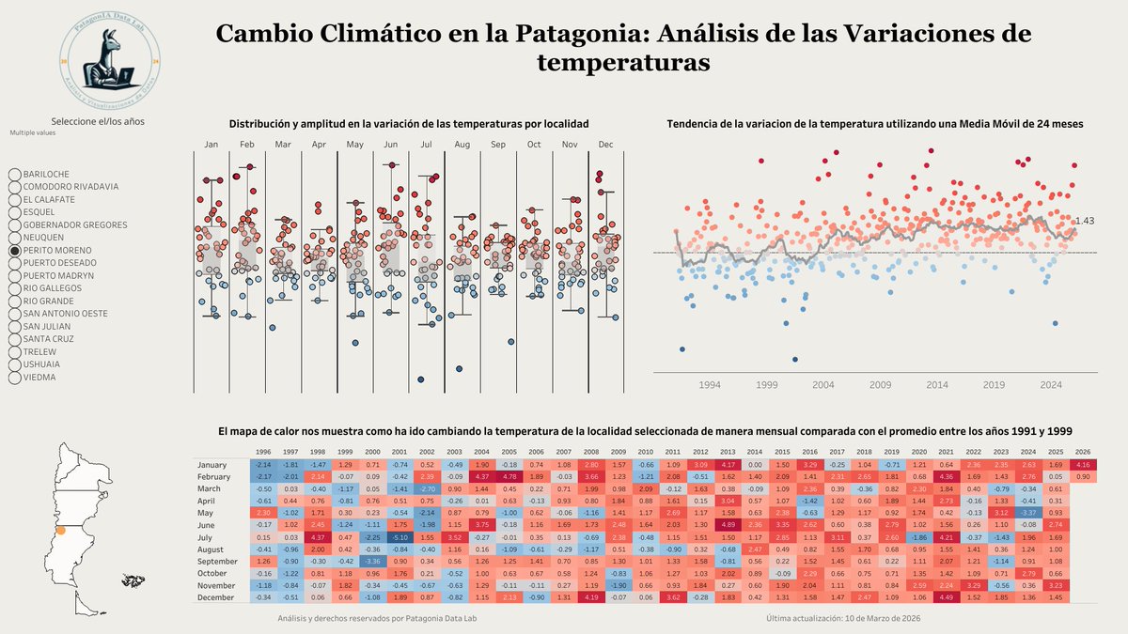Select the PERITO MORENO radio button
tap(15, 251)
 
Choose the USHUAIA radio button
tap(15, 364)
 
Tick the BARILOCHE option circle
tap(15, 175)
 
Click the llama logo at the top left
tap(109, 59)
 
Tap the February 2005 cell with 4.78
tap(509, 477)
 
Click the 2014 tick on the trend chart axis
tap(937, 385)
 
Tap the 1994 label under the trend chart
tap(709, 385)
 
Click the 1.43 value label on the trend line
tap(1086, 221)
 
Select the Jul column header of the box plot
tap(425, 145)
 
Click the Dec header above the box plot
tap(605, 145)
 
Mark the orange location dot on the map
tap(62, 531)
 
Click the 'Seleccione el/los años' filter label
tap(98, 121)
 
